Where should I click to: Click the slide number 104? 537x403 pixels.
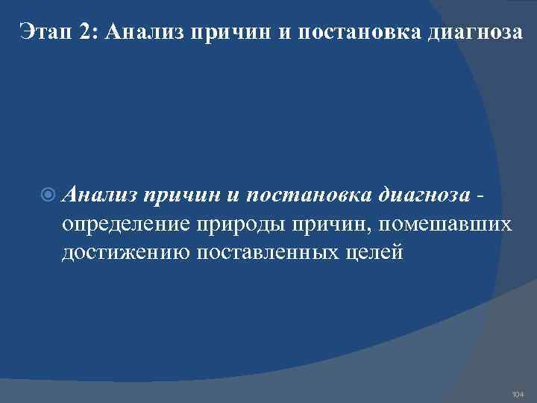coord(518,393)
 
